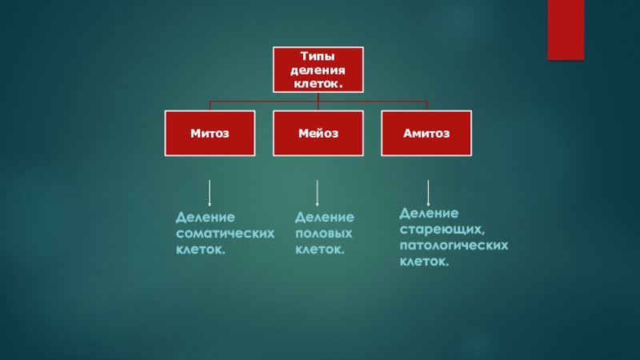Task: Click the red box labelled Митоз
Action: (210, 133)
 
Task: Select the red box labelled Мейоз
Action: (318, 133)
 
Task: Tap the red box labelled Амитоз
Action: (426, 133)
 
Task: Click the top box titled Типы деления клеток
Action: (318, 69)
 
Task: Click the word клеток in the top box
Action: (317, 82)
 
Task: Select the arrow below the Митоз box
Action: (210, 194)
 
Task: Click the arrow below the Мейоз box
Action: (318, 194)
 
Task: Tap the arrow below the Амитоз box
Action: (429, 194)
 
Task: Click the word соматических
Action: (225, 234)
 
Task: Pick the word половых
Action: (324, 234)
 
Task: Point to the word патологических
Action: (454, 246)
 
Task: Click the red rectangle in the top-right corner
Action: (565, 30)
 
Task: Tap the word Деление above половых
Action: (324, 218)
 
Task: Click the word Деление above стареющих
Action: (429, 214)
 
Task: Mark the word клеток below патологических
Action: (423, 262)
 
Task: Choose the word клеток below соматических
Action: (200, 250)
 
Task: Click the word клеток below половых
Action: (320, 250)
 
